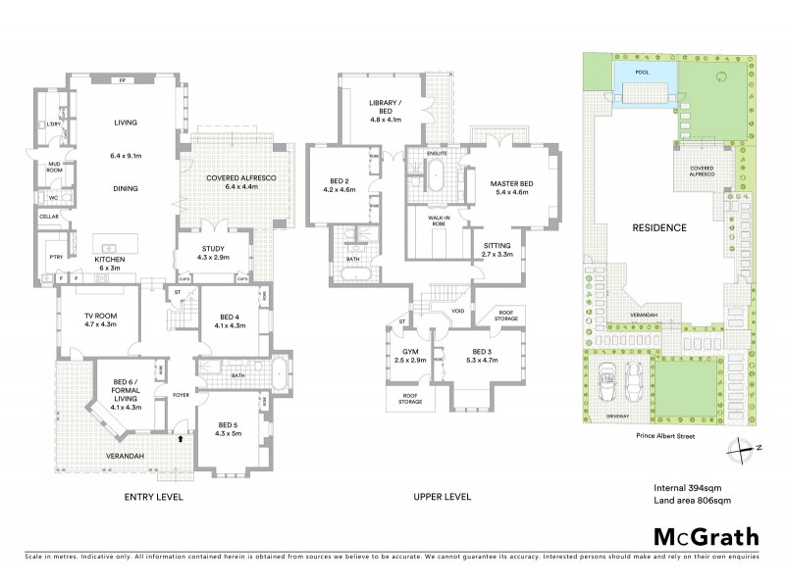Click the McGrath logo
coord(706,536)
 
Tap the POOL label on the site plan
coord(643,73)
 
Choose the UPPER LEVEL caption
coord(442,497)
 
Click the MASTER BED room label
coord(510,183)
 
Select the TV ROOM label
coord(100,314)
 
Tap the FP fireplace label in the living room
coord(123,80)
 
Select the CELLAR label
coord(49,216)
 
